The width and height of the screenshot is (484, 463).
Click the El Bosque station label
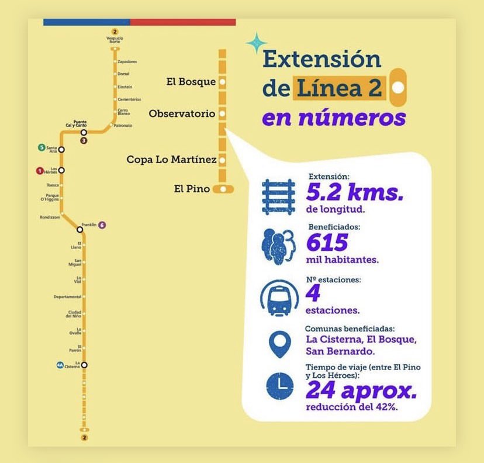191,82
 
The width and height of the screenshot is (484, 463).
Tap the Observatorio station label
182,113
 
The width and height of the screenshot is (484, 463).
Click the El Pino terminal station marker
223,189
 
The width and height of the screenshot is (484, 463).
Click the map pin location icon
279,343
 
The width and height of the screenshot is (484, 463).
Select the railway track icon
278,196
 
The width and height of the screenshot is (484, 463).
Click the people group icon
279,245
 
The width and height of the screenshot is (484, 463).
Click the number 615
327,242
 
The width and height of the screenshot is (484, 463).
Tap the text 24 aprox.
361,390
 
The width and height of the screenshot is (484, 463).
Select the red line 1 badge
40,171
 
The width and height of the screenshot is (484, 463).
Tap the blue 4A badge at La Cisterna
60,365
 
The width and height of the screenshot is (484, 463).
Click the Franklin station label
89,225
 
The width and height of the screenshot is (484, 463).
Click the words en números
333,118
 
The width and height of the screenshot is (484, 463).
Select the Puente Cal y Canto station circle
84,133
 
